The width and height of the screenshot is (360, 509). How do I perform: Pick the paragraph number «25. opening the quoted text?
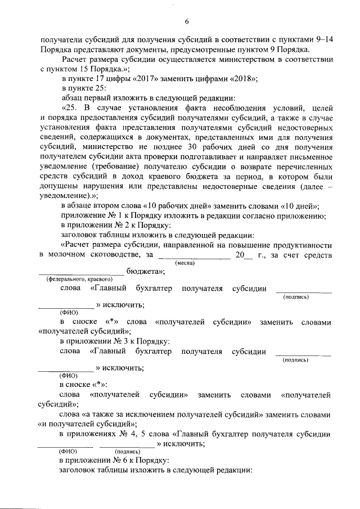click(71, 108)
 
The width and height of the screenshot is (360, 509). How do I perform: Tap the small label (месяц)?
click(185, 263)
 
